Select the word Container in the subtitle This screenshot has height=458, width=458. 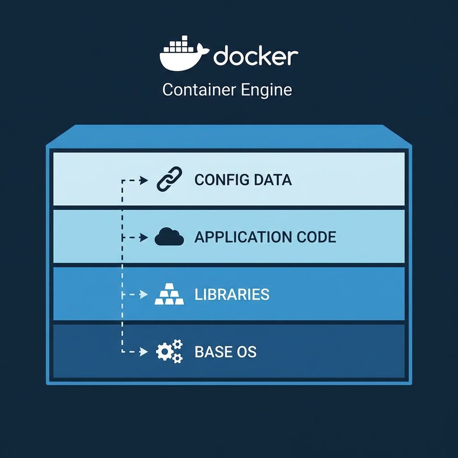pyautogui.click(x=199, y=90)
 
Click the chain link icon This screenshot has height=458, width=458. pyautogui.click(x=170, y=179)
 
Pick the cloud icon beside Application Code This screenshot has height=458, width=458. pyautogui.click(x=169, y=237)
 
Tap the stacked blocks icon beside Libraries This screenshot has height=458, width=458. pyautogui.click(x=169, y=295)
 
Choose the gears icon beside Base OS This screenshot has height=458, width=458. pyautogui.click(x=169, y=352)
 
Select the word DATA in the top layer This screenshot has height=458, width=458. pyautogui.click(x=272, y=180)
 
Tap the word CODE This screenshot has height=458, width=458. pyautogui.click(x=316, y=237)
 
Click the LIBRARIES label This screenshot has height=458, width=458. pyautogui.click(x=232, y=294)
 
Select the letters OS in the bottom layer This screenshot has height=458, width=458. pyautogui.click(x=246, y=352)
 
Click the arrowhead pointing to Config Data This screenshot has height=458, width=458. pyautogui.click(x=144, y=180)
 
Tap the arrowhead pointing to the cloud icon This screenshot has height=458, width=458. pyautogui.click(x=144, y=237)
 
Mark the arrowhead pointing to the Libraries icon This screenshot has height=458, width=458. pyautogui.click(x=144, y=295)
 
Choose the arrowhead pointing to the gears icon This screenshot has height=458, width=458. pyautogui.click(x=144, y=352)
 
